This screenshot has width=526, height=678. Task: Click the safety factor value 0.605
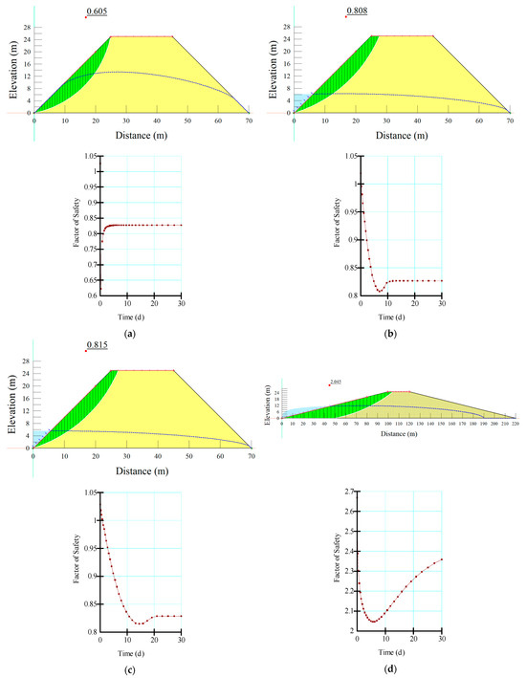coord(97,11)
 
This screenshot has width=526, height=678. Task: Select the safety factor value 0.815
coord(97,344)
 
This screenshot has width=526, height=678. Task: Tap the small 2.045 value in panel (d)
coord(336,383)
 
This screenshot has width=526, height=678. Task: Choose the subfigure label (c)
coord(128,664)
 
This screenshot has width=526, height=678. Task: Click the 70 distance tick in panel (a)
coord(250,120)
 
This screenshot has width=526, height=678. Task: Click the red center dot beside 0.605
coord(85,16)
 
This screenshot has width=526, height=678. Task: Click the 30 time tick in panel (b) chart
coord(440,303)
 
